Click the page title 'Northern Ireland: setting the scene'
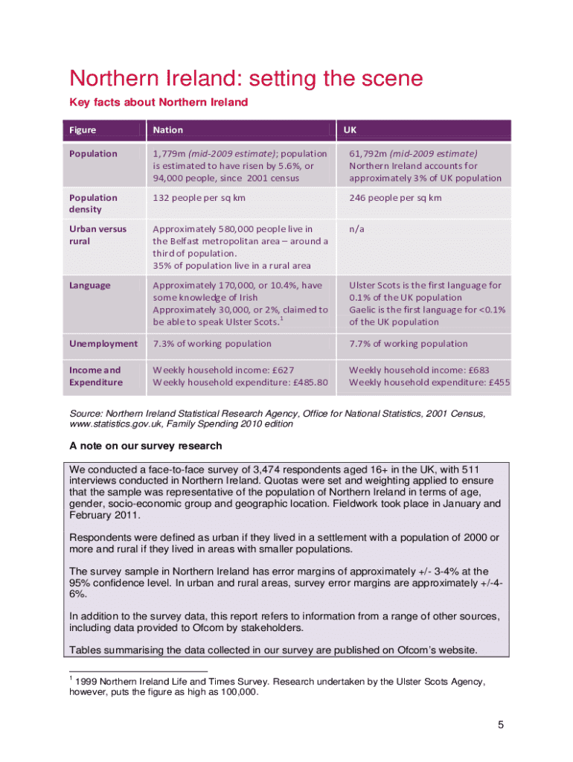pyautogui.click(x=246, y=79)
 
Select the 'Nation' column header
pyautogui.click(x=167, y=129)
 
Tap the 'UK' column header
pyautogui.click(x=350, y=129)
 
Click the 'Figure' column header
pyautogui.click(x=83, y=129)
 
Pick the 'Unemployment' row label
pyautogui.click(x=103, y=344)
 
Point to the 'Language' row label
pyautogui.click(x=89, y=285)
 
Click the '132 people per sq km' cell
pyautogui.click(x=199, y=198)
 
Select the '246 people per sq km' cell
pyautogui.click(x=395, y=198)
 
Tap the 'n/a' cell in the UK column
pyautogui.click(x=356, y=229)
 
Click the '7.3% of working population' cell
pyautogui.click(x=212, y=344)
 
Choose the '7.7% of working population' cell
pyautogui.click(x=409, y=344)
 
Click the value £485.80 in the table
pyautogui.click(x=310, y=382)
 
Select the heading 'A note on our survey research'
pyautogui.click(x=145, y=446)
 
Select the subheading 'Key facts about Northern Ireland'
pyautogui.click(x=159, y=102)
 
